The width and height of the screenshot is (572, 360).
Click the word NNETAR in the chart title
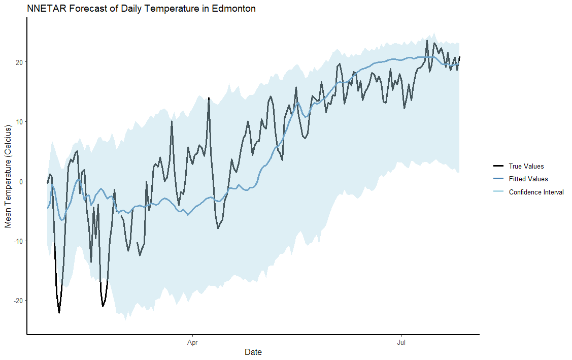(x=44, y=9)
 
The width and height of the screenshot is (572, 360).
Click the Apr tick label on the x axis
(x=192, y=343)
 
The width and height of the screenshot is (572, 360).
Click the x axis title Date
(x=253, y=352)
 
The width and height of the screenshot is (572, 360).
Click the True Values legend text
(x=526, y=166)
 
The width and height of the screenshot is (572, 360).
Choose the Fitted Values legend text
(x=528, y=179)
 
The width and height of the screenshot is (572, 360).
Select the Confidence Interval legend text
(x=536, y=192)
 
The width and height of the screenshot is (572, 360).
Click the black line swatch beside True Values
(x=498, y=166)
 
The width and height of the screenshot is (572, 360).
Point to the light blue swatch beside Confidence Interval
(x=498, y=192)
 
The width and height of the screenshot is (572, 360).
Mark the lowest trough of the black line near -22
(x=59, y=312)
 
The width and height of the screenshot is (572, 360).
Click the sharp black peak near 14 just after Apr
(x=209, y=97)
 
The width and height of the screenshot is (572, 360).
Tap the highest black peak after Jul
(x=427, y=41)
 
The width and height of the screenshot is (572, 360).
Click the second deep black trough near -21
(x=103, y=306)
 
